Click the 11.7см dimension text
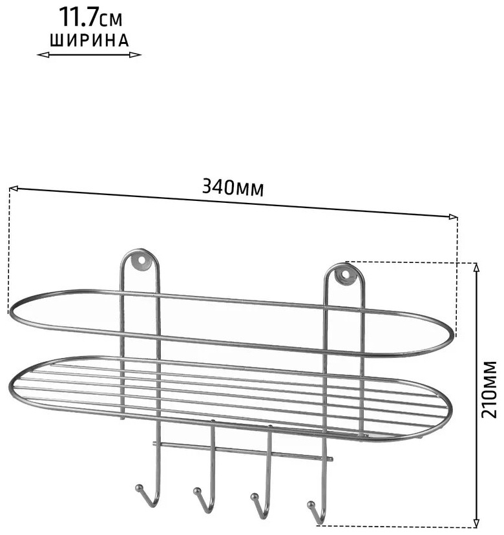[90, 17]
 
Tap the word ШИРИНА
[89, 40]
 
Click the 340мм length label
[233, 187]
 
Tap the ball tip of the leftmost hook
[138, 487]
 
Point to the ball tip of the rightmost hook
[311, 504]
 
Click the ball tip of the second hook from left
[196, 491]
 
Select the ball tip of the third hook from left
[253, 496]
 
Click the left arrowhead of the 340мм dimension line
[14, 188]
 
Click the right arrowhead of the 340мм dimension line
[453, 216]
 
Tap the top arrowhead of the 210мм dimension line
[477, 267]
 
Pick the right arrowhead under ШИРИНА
[135, 55]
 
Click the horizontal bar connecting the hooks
[242, 451]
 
